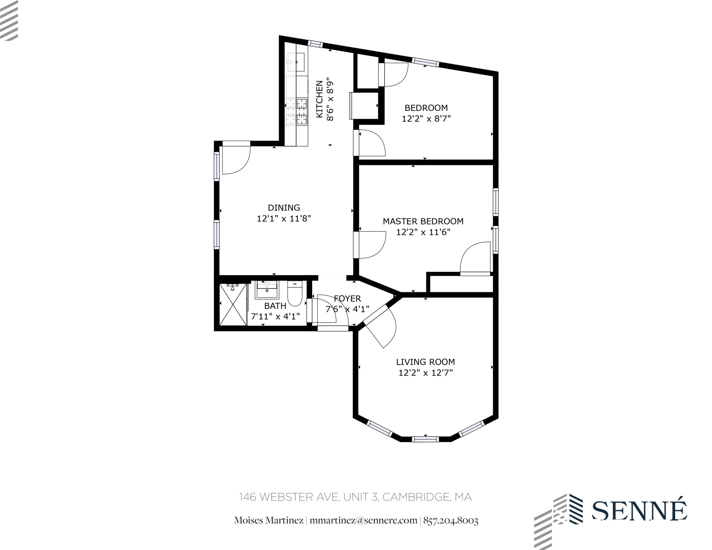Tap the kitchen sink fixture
coord(296,62)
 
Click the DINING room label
coord(284,208)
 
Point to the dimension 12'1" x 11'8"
coord(284,219)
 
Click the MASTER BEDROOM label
coord(423,221)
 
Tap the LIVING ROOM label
coord(425,362)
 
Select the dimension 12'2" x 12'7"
coord(425,373)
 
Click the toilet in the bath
coord(295,294)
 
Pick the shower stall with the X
coord(233,305)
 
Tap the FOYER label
coord(347,298)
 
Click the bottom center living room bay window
coord(425,439)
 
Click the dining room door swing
coord(236,159)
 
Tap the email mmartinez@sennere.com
coord(363,520)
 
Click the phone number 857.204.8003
coord(451,520)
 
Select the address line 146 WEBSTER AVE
coord(289,497)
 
